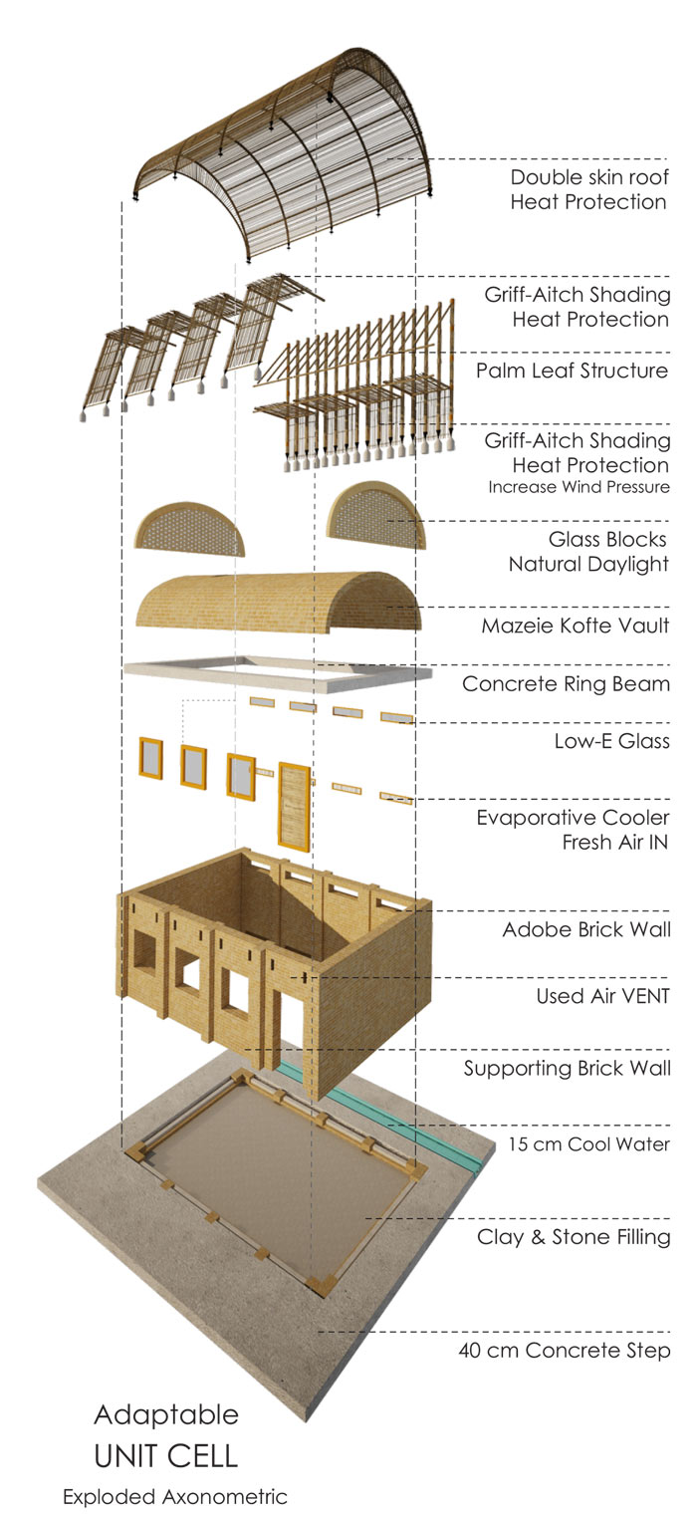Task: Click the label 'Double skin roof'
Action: [587, 178]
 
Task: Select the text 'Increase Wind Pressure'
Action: [579, 487]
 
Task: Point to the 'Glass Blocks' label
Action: [607, 539]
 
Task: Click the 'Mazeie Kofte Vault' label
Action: [576, 627]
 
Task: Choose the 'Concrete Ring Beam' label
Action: [566, 684]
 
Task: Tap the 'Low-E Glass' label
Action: [611, 741]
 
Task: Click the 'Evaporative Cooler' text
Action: [573, 818]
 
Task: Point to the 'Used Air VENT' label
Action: [602, 995]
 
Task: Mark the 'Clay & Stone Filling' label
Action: [574, 1238]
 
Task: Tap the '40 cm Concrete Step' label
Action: [564, 1352]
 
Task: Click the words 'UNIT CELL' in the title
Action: [166, 1456]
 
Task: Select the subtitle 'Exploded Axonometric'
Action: [174, 1497]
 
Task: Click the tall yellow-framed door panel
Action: [294, 807]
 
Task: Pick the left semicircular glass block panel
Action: [189, 530]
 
